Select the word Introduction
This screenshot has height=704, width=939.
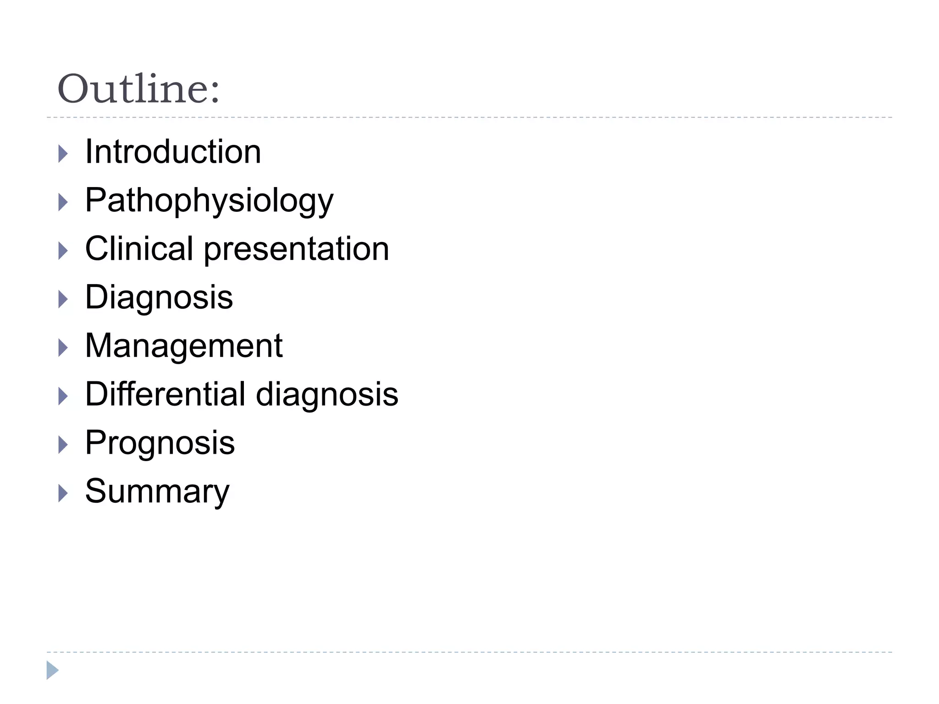173,152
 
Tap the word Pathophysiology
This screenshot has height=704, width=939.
209,201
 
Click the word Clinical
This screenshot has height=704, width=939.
139,249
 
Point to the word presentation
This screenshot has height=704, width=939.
296,250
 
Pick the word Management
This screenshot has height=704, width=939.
183,346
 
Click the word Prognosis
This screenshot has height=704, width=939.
160,444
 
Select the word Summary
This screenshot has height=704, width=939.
157,492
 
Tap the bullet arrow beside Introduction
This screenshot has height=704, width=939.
63,154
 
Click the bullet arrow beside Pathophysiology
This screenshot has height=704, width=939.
63,203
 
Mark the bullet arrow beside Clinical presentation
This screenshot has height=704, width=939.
63,251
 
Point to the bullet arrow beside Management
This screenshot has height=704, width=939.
63,348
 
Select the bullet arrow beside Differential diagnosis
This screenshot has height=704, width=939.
63,396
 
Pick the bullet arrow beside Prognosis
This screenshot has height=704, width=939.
63,445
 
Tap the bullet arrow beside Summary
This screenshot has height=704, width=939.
63,494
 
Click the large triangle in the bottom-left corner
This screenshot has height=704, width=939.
52,670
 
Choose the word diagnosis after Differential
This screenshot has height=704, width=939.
327,395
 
